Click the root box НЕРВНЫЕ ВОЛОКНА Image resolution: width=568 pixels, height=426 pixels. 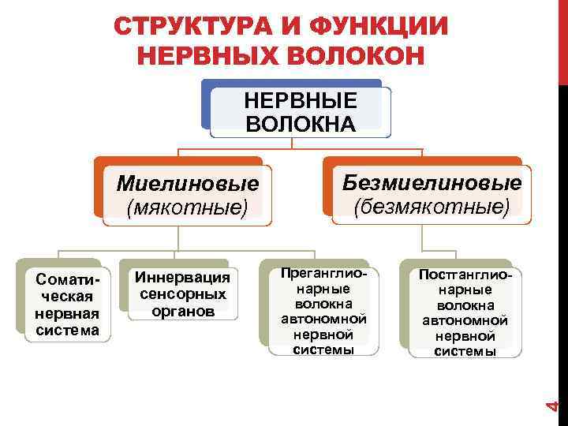301,112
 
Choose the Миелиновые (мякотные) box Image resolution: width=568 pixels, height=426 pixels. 188,195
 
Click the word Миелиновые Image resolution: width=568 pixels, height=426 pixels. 188,185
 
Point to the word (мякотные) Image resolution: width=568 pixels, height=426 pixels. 188,207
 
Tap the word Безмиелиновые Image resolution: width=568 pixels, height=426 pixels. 432,183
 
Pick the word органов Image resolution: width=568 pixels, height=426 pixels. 183,311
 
